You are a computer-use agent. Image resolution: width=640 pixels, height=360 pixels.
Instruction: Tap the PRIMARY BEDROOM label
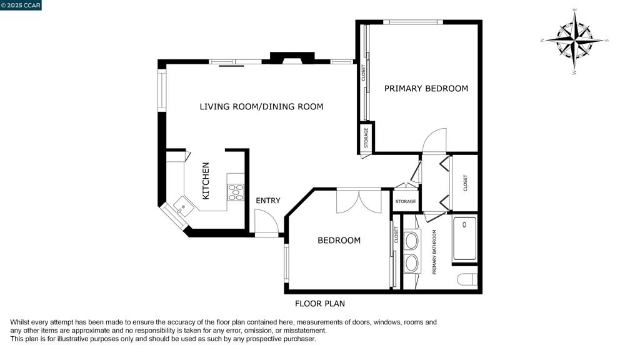[x=426, y=89]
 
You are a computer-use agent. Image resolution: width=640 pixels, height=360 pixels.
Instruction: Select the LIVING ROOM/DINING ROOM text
[x=261, y=107]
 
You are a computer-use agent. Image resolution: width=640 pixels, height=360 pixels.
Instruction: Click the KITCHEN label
[x=206, y=181]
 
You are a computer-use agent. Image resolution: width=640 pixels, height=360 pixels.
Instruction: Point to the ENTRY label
[x=268, y=201]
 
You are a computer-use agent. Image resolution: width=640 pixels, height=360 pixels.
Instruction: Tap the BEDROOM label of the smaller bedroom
[x=339, y=241]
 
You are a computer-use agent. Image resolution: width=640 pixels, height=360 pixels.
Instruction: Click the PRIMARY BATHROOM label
[x=435, y=252]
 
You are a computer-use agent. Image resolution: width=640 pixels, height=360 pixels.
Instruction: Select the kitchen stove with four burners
[x=236, y=192]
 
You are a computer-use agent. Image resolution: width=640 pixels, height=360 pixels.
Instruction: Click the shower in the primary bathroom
[x=464, y=238]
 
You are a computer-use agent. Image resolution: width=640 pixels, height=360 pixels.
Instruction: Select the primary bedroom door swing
[x=435, y=140]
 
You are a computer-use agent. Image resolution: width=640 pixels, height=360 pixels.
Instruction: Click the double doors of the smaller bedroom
[x=359, y=201]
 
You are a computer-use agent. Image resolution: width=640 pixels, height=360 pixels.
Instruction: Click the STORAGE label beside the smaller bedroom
[x=406, y=201]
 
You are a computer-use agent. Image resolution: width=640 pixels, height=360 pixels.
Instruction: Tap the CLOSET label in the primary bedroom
[x=363, y=74]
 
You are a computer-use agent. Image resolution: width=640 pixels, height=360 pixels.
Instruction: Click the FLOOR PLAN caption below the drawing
[x=320, y=304]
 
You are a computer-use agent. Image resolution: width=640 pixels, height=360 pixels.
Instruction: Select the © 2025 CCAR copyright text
[x=21, y=5]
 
